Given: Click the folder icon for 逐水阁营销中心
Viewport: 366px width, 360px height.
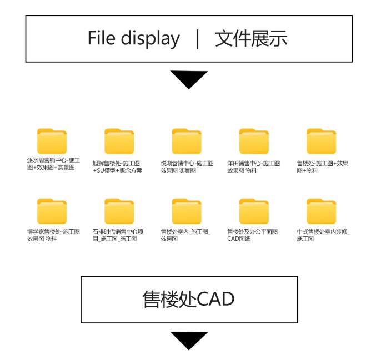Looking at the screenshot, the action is pyautogui.click(x=52, y=141).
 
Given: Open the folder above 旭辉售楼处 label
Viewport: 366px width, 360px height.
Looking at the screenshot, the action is pyautogui.click(x=119, y=141).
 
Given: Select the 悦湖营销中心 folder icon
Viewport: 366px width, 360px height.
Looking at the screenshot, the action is pyautogui.click(x=187, y=141).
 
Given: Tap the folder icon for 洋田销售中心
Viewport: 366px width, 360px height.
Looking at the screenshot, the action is pyautogui.click(x=254, y=141).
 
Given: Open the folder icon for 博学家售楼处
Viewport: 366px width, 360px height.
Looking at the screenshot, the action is pyautogui.click(x=52, y=211).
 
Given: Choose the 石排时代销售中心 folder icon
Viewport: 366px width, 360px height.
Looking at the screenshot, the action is pyautogui.click(x=119, y=211).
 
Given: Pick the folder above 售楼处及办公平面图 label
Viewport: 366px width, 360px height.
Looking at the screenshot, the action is pyautogui.click(x=254, y=211).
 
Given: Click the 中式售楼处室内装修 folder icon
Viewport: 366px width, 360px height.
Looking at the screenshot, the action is pyautogui.click(x=321, y=211).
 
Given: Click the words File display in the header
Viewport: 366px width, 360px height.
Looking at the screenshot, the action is pyautogui.click(x=134, y=39).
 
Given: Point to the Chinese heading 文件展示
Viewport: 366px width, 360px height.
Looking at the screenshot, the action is pyautogui.click(x=251, y=38).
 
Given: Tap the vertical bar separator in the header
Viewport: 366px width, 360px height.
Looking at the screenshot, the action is pyautogui.click(x=198, y=39).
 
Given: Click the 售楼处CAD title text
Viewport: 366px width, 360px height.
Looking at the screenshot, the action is pyautogui.click(x=189, y=299).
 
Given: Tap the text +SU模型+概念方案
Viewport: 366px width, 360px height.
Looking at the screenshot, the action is pyautogui.click(x=117, y=170).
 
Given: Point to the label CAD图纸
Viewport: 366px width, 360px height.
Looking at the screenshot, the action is pyautogui.click(x=239, y=239).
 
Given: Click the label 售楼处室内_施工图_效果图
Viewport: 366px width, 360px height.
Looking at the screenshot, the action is pyautogui.click(x=185, y=235).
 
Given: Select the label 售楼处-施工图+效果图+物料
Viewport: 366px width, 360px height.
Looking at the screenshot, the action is pyautogui.click(x=323, y=167).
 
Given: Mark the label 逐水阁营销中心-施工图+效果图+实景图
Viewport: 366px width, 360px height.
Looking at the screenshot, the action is pyautogui.click(x=53, y=164).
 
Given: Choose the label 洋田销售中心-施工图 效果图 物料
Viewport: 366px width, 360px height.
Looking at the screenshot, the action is pyautogui.click(x=253, y=167).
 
